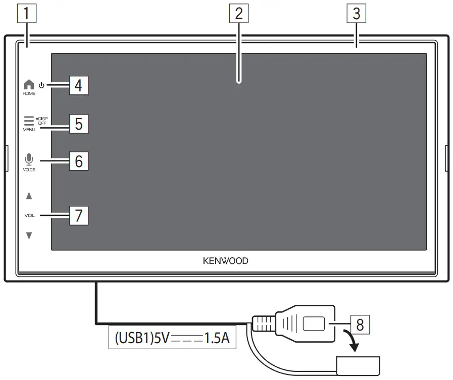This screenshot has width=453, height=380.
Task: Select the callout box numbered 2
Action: pyautogui.click(x=239, y=14)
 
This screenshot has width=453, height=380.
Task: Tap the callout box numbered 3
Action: pyautogui.click(x=357, y=14)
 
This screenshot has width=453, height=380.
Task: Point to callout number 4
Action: pyautogui.click(x=78, y=85)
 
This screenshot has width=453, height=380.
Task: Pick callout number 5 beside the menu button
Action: pyautogui.click(x=78, y=124)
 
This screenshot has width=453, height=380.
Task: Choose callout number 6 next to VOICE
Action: pyautogui.click(x=78, y=161)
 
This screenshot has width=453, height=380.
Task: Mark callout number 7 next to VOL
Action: pyautogui.click(x=78, y=215)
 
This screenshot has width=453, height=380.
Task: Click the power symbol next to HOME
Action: pyautogui.click(x=41, y=85)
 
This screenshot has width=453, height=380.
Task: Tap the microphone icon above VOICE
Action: pyautogui.click(x=29, y=159)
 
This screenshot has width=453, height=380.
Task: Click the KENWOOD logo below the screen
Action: pyautogui.click(x=226, y=261)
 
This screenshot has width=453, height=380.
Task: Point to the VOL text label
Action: pyautogui.click(x=29, y=215)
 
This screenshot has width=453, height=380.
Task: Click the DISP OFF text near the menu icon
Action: pyautogui.click(x=42, y=121)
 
